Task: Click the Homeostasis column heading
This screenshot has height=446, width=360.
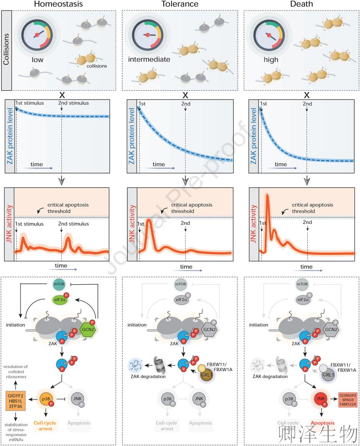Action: click(58, 4)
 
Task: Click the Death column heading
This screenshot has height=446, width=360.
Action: click(301, 4)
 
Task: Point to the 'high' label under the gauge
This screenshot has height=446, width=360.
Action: click(271, 59)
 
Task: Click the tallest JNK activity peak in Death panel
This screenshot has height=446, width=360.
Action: click(267, 196)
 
